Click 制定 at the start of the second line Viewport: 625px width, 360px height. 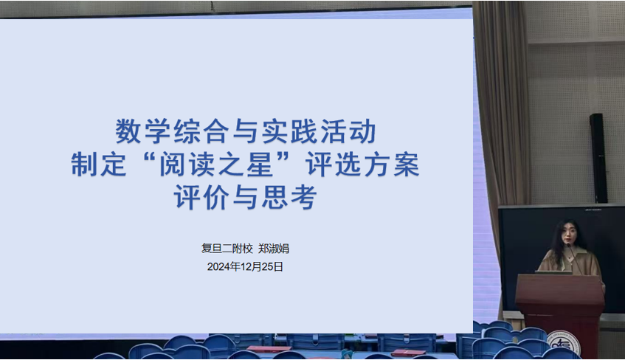pyautogui.click(x=99, y=165)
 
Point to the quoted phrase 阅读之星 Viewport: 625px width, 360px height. pyautogui.click(x=216, y=165)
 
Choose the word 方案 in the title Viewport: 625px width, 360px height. pyautogui.click(x=391, y=165)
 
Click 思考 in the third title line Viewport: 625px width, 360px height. pyautogui.click(x=289, y=197)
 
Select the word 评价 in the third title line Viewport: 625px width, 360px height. pyautogui.click(x=201, y=197)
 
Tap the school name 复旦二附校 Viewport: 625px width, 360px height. pyautogui.click(x=227, y=249)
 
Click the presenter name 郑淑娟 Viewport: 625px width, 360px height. pyautogui.click(x=274, y=249)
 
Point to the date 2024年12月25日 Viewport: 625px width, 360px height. pyautogui.click(x=245, y=267)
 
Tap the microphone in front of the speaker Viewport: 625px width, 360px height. pyautogui.click(x=573, y=255)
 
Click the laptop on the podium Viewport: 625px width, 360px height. pyautogui.click(x=553, y=272)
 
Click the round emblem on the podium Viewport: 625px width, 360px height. pyautogui.click(x=564, y=344)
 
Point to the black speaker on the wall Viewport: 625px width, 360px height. pyautogui.click(x=598, y=159)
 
